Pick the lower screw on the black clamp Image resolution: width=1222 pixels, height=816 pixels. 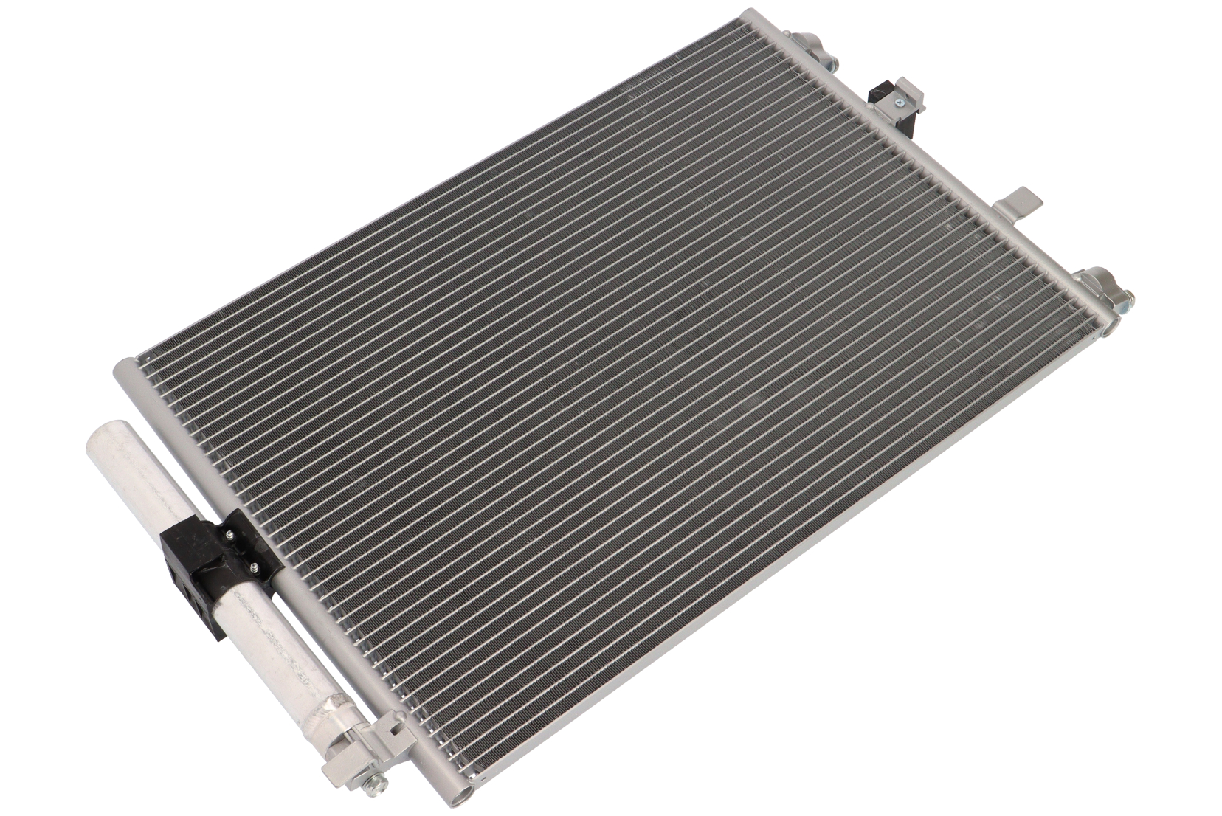point(254,567)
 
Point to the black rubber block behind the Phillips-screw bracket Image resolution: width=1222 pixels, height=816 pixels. point(881,94)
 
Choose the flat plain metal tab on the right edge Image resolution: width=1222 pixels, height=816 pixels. point(1023,201)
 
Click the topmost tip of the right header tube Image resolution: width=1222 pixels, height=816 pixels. point(751,13)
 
